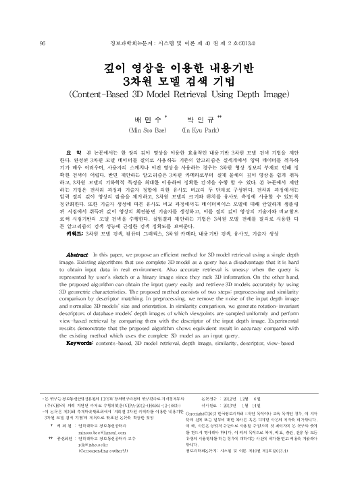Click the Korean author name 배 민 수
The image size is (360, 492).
tap(147, 116)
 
